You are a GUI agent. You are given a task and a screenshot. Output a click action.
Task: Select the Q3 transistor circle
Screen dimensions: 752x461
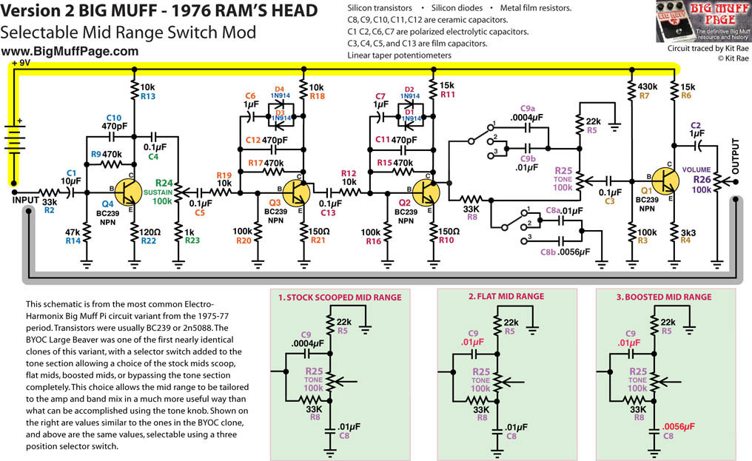pos(296,193)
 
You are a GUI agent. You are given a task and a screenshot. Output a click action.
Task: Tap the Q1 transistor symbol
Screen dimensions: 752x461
pos(665,181)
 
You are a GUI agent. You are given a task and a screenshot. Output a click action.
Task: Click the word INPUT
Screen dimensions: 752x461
pos(26,200)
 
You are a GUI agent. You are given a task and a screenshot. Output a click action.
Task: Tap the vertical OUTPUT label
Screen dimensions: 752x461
pos(735,156)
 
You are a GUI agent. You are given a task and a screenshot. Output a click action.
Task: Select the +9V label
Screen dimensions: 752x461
pos(21,63)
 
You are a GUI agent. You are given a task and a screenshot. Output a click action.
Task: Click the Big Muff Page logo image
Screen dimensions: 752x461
pos(702,21)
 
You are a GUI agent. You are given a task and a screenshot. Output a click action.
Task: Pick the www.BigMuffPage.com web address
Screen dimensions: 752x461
pos(70,51)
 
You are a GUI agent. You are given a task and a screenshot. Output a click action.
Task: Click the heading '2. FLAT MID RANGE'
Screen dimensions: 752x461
pos(506,297)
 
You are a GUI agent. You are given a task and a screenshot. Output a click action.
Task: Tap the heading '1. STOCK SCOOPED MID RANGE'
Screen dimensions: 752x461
pos(340,297)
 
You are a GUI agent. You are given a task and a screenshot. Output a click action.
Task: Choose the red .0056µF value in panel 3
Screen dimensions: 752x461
pos(678,426)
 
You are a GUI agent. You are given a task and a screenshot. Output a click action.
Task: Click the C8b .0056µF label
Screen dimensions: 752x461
pos(565,252)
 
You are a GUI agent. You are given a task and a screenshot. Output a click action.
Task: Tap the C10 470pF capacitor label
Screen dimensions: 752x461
pos(114,122)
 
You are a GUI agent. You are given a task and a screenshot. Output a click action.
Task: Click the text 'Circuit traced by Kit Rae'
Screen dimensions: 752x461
pos(708,48)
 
